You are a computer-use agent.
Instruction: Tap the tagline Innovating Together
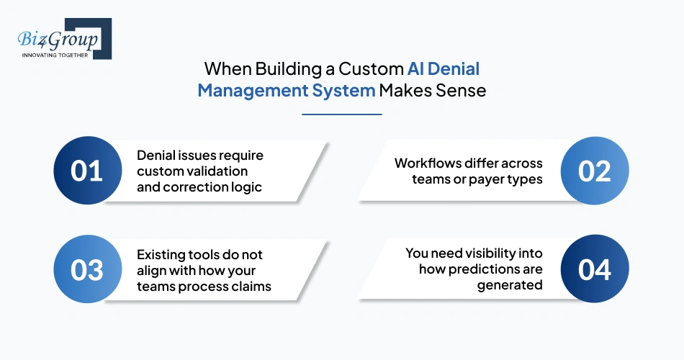[x=55, y=55]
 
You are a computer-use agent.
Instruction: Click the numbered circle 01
[x=86, y=171]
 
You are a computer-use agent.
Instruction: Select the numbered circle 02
[x=595, y=171]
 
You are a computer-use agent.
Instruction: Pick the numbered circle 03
[x=86, y=270]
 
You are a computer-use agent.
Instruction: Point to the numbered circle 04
[x=595, y=270]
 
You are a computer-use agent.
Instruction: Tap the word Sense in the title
[x=460, y=91]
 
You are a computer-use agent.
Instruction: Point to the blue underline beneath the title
[x=342, y=114]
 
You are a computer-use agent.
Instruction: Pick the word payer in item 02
[x=483, y=179]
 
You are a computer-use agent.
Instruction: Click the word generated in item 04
[x=510, y=286]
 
